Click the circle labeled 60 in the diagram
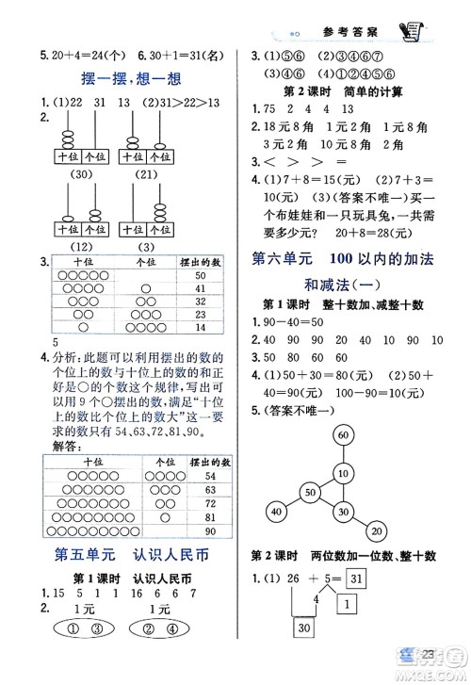[343, 435]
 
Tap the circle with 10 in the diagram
[343, 473]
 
